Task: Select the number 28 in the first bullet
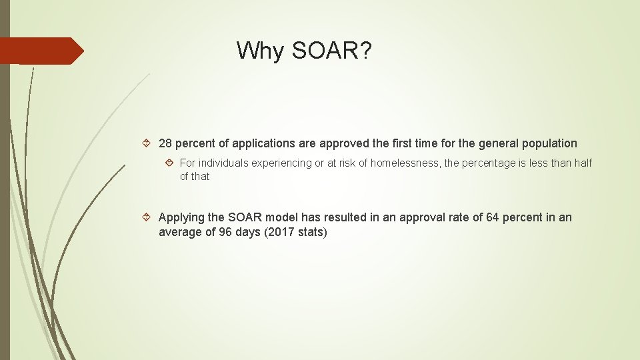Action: click(x=165, y=143)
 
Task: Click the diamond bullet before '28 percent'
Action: click(x=149, y=143)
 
